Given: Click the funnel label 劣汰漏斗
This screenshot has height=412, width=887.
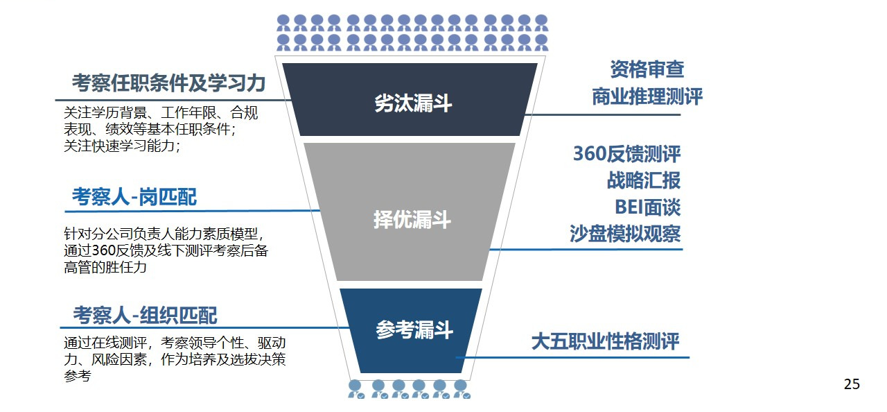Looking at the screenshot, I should pos(413,103).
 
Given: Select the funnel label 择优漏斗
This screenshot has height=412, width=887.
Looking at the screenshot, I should pos(412,221).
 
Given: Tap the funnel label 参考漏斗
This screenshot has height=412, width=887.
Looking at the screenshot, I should pos(414,330).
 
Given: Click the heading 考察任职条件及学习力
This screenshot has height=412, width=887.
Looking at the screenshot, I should pos(169,84).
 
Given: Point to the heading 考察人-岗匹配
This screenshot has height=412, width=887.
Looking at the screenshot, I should pos(134,198).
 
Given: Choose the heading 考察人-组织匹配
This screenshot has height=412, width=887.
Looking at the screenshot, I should pos(145,316).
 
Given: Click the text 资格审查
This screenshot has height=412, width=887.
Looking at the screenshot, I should pos(647,69).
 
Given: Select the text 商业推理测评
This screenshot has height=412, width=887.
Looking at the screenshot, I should pos(647,97).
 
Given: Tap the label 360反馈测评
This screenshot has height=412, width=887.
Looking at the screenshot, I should pos(626,154).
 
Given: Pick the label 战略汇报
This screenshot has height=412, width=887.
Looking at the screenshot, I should pos(644,180).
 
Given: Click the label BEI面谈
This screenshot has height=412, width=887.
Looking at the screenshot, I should pos(647,207).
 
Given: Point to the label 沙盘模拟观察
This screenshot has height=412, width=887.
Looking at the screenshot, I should pos(625,234).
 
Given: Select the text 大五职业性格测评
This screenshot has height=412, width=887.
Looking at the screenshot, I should pos(605,341).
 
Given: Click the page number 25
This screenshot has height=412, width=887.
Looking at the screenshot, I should pos(852,384).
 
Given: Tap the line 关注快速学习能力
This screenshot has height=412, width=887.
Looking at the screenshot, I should pos(121,146).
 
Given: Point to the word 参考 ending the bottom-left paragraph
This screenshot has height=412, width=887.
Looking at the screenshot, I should pos(77,377).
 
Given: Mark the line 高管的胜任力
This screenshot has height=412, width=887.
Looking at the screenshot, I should pos(105,267).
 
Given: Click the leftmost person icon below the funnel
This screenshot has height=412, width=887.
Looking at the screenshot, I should pos(355,388).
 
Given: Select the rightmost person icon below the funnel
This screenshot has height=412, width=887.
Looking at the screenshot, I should pos(461,388).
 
